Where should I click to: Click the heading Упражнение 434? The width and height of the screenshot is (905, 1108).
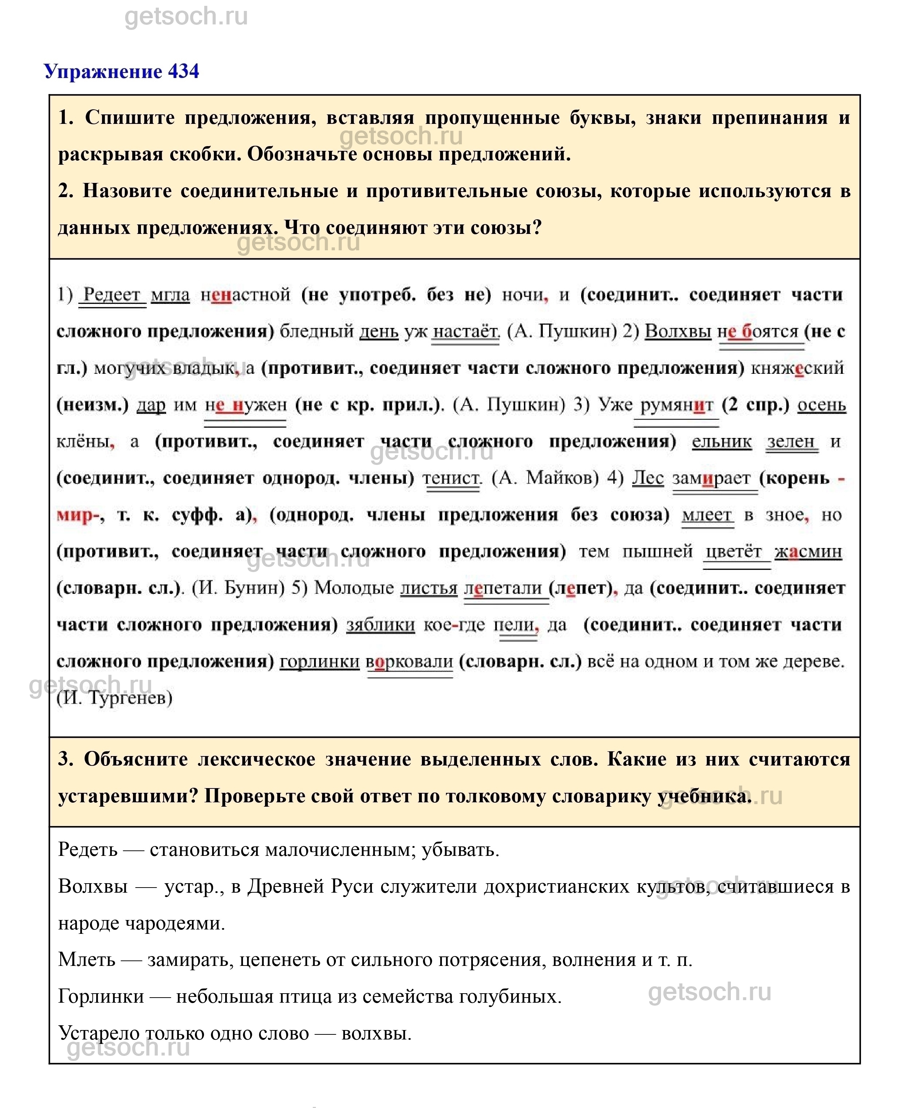click(121, 71)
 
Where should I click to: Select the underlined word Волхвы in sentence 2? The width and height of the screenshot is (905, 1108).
click(678, 332)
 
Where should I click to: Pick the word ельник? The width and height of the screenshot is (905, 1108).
click(721, 442)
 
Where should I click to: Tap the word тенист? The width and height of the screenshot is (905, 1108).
click(451, 478)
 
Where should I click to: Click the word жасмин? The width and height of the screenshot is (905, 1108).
click(808, 552)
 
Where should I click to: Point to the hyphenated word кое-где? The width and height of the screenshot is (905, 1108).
click(455, 625)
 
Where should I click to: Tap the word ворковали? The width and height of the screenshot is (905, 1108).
click(410, 662)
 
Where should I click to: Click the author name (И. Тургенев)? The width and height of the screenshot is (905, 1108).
click(115, 698)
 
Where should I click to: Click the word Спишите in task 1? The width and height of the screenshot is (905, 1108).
click(130, 118)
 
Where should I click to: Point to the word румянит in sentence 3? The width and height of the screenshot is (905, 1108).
click(676, 405)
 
